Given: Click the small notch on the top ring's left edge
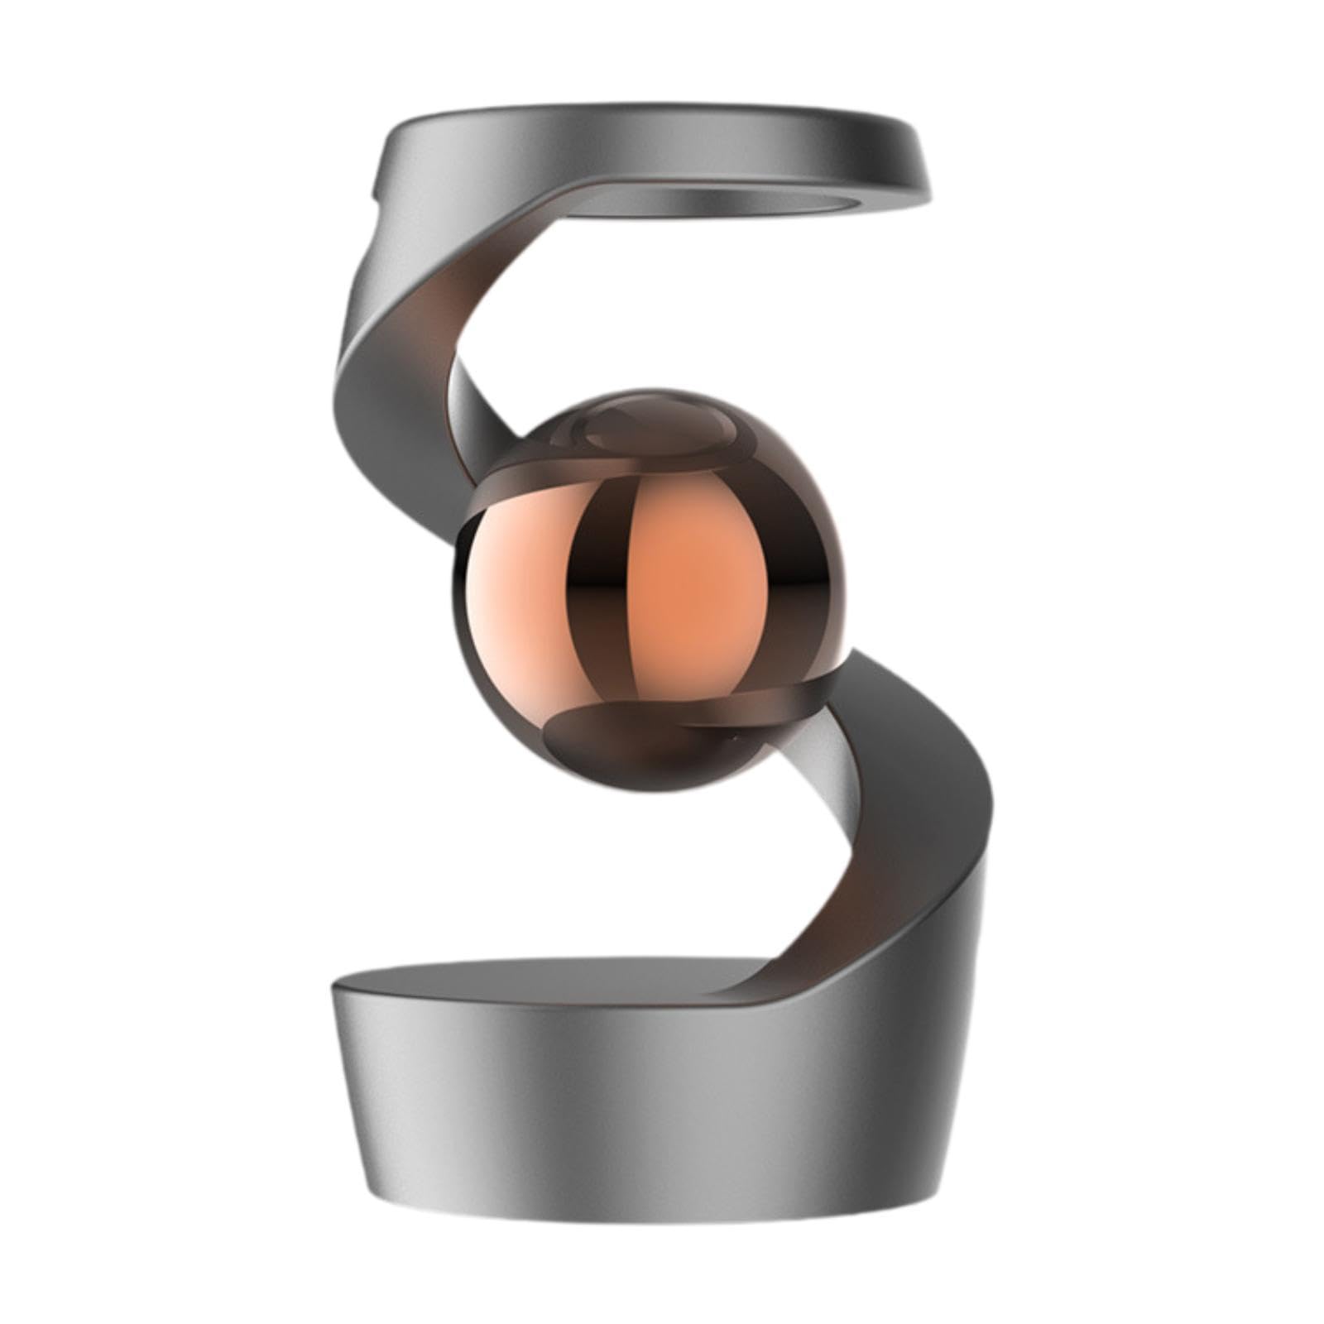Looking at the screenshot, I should coord(374,199).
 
